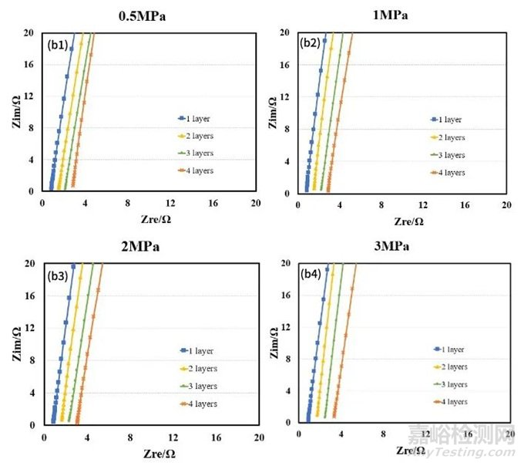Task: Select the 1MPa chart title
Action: [x=393, y=15]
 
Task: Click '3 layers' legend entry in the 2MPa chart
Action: [x=200, y=386]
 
